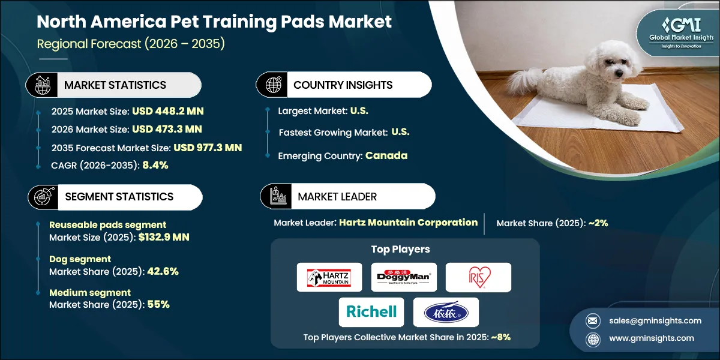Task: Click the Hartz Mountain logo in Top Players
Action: point(329,277)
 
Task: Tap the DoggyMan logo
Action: point(404,277)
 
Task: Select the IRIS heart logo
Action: point(478,277)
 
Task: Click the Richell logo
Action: point(371,311)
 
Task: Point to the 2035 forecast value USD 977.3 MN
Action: point(208,147)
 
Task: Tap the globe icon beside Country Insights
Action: point(274,85)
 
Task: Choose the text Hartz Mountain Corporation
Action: point(408,223)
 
